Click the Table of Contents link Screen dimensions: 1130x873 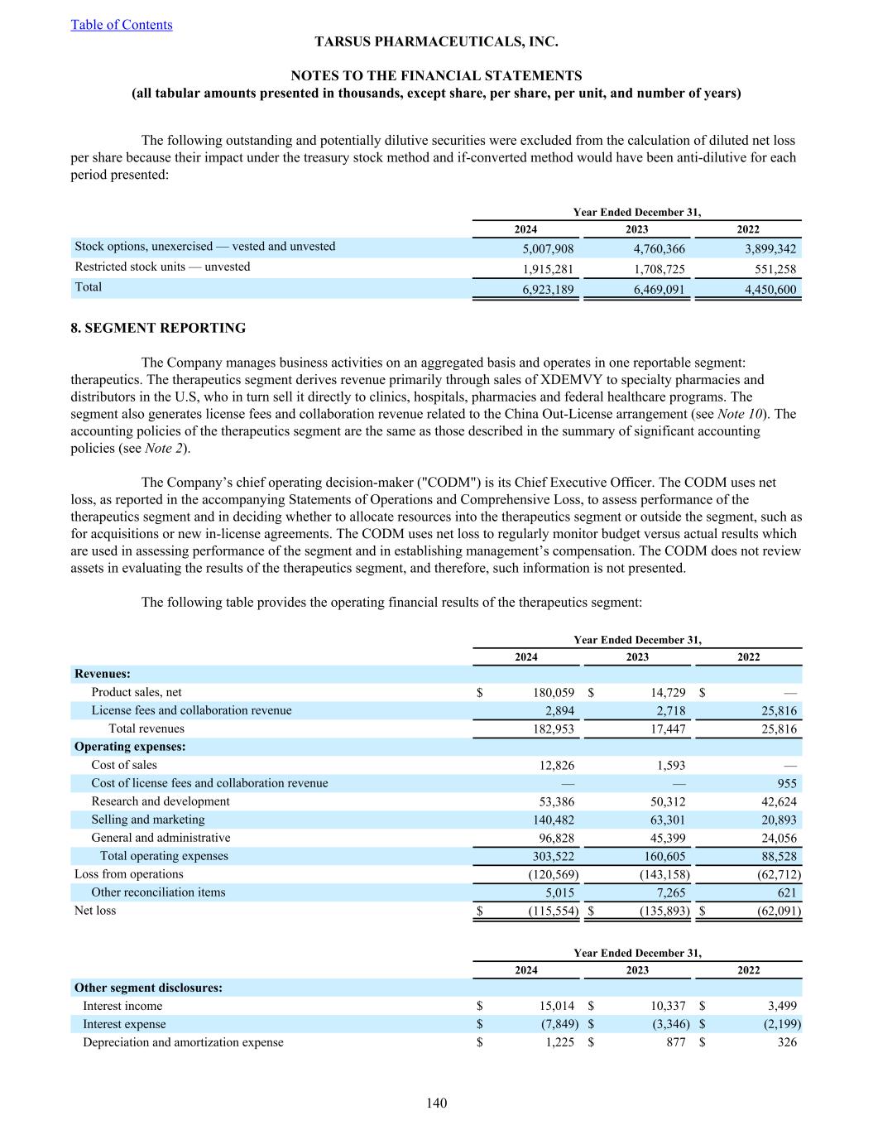pyautogui.click(x=122, y=25)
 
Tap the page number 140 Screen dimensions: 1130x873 pyautogui.click(x=437, y=1103)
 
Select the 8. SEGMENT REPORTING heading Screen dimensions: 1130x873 pyautogui.click(x=158, y=328)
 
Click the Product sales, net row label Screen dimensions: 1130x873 pyautogui.click(x=137, y=692)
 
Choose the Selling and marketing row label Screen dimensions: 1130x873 pyautogui.click(x=148, y=820)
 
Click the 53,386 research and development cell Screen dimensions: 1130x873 pyautogui.click(x=556, y=801)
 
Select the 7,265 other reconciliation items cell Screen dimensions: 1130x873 pyautogui.click(x=668, y=892)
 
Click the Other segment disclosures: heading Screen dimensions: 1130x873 pyautogui.click(x=148, y=988)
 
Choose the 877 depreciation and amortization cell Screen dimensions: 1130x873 pyautogui.click(x=675, y=1042)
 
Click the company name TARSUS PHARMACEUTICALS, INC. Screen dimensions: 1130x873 pyautogui.click(x=436, y=41)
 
